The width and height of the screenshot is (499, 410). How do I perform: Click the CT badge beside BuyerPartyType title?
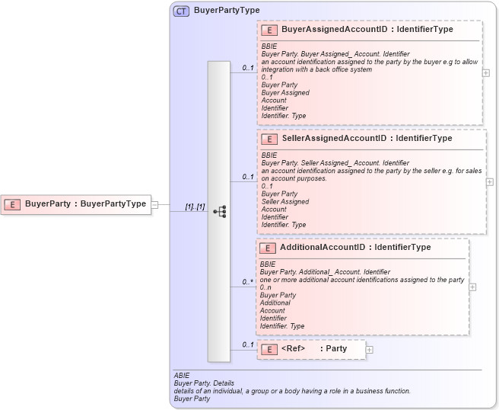(x=181, y=11)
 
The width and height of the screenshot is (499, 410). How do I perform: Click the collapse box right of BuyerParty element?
(x=154, y=204)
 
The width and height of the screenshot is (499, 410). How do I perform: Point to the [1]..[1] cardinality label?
(x=195, y=207)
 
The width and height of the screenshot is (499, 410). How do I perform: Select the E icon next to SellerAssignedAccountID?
(x=268, y=139)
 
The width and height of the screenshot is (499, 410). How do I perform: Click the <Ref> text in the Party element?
(x=293, y=349)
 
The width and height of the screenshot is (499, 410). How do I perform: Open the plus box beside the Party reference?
(x=370, y=350)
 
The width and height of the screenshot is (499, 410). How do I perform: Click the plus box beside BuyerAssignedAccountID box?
(x=486, y=73)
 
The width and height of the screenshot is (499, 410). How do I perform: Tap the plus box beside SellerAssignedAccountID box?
(x=489, y=182)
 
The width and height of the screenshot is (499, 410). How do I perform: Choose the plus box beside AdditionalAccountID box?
(x=472, y=287)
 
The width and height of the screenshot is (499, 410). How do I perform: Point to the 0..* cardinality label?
(x=248, y=282)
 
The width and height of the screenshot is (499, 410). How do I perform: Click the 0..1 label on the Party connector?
(x=248, y=344)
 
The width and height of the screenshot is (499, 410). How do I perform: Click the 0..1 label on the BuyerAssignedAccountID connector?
(x=248, y=68)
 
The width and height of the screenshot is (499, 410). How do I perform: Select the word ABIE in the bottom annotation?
(x=181, y=376)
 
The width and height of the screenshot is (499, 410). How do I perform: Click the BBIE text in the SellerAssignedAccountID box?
(x=269, y=155)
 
